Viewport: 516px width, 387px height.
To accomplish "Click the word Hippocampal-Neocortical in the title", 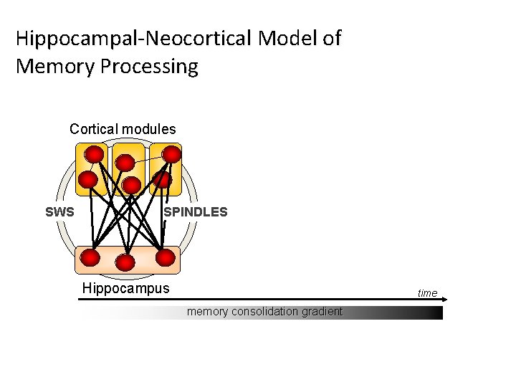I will (x=133, y=38).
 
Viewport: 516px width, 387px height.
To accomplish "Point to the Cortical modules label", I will (x=123, y=130).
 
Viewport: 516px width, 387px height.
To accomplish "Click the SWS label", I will (x=59, y=212).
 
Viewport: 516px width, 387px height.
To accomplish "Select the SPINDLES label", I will (x=196, y=212).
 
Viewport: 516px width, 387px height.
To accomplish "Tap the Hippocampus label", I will (x=126, y=289).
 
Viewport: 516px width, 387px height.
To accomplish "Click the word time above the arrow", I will (x=427, y=293).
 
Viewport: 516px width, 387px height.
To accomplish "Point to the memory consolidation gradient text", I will (x=264, y=312).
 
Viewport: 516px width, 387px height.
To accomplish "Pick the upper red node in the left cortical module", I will (x=94, y=154).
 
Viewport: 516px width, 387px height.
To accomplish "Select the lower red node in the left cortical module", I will (x=87, y=179).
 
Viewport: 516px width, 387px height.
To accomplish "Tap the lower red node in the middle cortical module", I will (x=130, y=186).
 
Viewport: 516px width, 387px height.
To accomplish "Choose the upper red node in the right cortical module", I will (x=171, y=154).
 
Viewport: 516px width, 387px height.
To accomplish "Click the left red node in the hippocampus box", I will (x=91, y=257).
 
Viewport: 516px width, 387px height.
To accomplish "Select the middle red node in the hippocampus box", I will (x=125, y=263).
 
